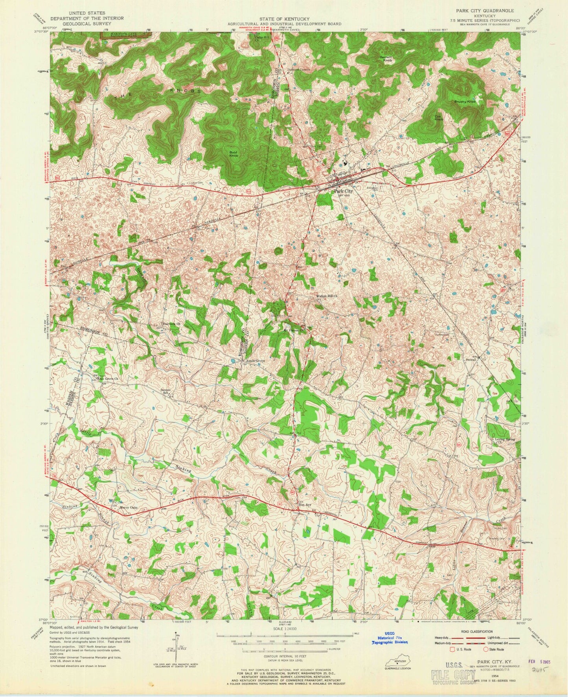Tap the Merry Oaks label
tap(128, 508)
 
